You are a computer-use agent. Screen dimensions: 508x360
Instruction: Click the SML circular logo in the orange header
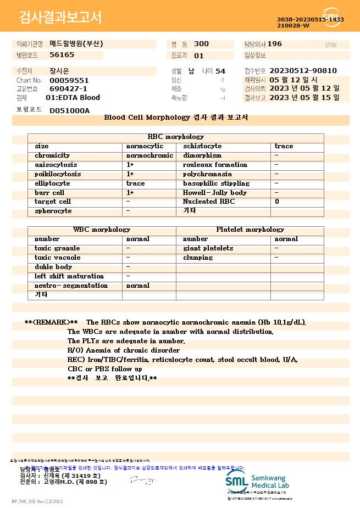click(332, 17)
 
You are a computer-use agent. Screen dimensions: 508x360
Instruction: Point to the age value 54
click(220, 71)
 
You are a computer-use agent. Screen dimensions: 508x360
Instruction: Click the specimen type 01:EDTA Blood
click(73, 98)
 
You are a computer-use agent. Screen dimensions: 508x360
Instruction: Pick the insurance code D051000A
click(69, 110)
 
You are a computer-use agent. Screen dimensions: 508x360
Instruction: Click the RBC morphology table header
click(176, 137)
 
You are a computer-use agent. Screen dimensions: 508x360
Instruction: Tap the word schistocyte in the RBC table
click(202, 146)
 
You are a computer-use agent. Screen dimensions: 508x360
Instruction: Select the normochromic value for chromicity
click(149, 155)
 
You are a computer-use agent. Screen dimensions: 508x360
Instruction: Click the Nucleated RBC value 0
click(276, 202)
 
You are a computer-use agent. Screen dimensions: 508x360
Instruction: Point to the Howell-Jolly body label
click(215, 193)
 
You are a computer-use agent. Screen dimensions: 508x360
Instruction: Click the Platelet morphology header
click(250, 230)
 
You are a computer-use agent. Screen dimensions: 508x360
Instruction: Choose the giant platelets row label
click(208, 248)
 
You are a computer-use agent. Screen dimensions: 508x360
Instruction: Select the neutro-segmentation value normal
click(138, 286)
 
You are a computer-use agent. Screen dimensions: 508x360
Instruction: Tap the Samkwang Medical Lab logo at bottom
click(257, 481)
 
